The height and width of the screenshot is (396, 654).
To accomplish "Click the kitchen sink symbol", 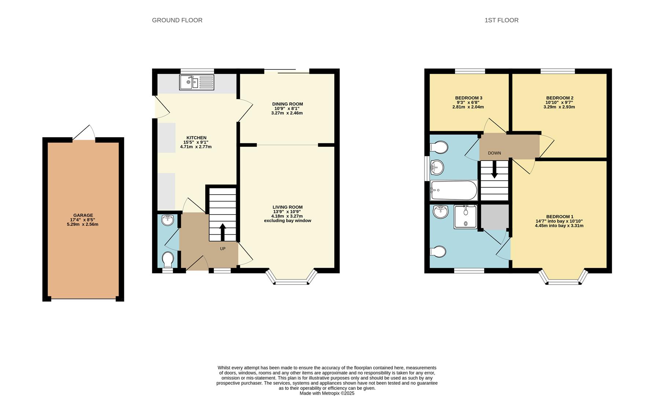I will pyautogui.click(x=196, y=82).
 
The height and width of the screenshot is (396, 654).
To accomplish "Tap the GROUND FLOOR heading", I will pyautogui.click(x=177, y=20).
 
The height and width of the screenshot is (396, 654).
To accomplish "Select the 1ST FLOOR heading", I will pyautogui.click(x=501, y=20).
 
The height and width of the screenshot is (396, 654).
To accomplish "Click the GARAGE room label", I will pyautogui.click(x=83, y=215).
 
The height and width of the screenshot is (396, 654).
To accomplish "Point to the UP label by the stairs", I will pyautogui.click(x=223, y=249).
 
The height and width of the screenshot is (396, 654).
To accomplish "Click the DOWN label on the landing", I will pyautogui.click(x=494, y=153).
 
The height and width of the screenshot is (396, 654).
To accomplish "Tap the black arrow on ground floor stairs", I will pyautogui.click(x=223, y=231).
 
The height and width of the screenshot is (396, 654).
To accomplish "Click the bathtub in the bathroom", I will pyautogui.click(x=453, y=190).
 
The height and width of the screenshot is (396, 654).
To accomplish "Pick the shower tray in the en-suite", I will pyautogui.click(x=466, y=217).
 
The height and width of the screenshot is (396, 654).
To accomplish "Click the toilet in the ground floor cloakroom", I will pyautogui.click(x=168, y=259).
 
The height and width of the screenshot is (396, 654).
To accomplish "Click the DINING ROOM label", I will pyautogui.click(x=287, y=104).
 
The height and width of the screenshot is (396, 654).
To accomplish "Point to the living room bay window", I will pyautogui.click(x=291, y=281).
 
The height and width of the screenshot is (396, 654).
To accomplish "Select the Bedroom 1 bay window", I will pyautogui.click(x=563, y=281).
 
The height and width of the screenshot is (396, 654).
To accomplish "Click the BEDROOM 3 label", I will pyautogui.click(x=469, y=98).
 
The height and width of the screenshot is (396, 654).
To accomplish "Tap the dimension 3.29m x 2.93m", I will pyautogui.click(x=559, y=107).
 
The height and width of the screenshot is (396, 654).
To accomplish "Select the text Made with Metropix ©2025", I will pyautogui.click(x=327, y=393).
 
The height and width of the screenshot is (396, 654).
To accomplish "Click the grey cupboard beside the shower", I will pyautogui.click(x=495, y=217).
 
